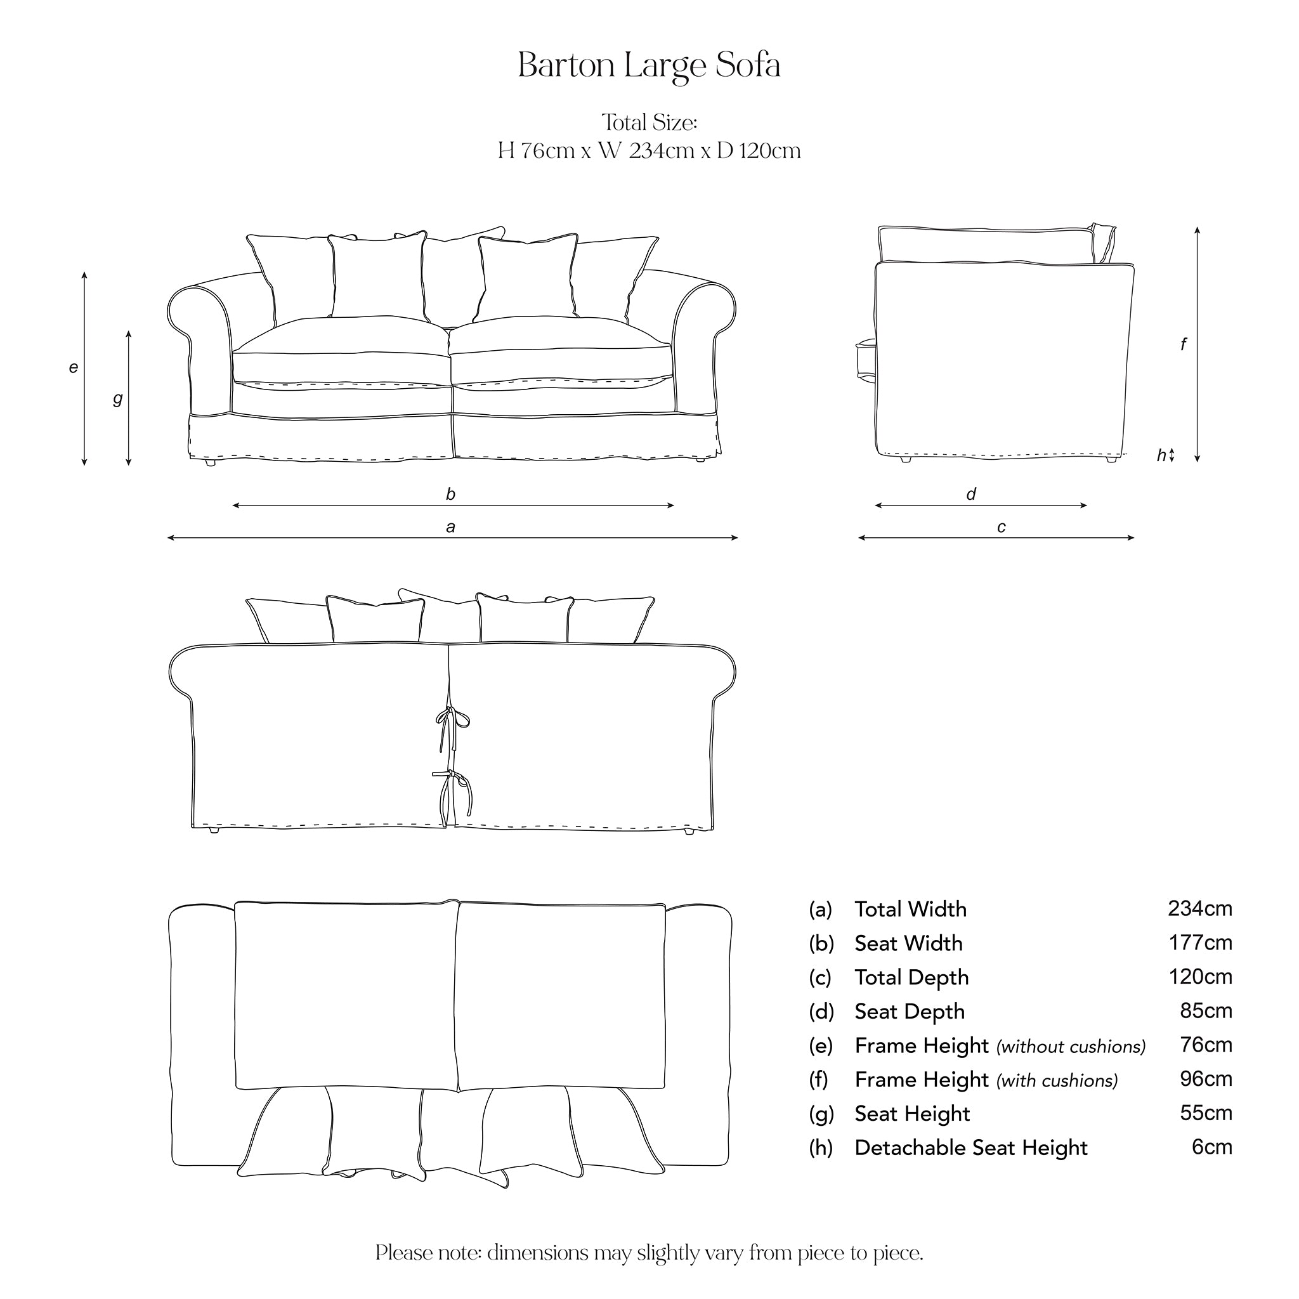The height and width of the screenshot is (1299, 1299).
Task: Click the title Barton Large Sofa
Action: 649,66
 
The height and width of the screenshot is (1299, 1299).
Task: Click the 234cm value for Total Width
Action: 1199,908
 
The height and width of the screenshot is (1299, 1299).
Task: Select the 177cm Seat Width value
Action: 1200,943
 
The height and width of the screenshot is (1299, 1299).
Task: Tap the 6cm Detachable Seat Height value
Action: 1211,1146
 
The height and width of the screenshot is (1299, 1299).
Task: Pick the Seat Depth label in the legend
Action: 909,1011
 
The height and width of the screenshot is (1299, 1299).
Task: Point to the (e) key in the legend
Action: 820,1045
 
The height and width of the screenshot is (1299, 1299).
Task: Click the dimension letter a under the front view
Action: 450,527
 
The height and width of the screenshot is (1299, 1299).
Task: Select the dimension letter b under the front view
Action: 450,495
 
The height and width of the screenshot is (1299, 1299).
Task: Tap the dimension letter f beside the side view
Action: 1184,344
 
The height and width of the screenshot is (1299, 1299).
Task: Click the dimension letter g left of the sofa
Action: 118,399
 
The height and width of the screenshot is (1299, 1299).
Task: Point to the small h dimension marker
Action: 1162,455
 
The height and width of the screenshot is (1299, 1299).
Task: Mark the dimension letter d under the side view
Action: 971,495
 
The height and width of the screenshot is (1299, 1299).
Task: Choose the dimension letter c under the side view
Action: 1001,527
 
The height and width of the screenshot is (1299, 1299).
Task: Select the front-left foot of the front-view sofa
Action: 210,462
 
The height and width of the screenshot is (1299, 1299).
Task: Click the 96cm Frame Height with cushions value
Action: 1206,1078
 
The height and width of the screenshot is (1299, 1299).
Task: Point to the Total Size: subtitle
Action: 649,122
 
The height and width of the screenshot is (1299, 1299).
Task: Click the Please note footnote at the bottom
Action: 649,1253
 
